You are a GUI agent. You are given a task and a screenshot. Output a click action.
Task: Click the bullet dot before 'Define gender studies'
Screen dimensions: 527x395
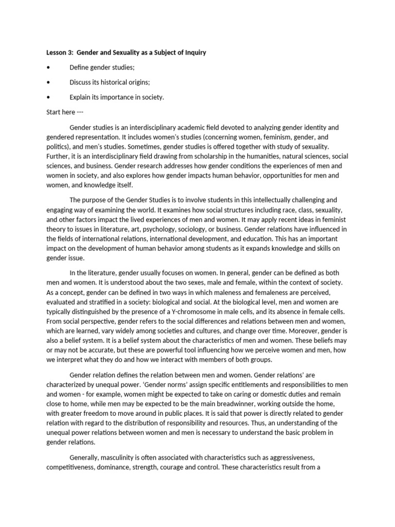pos(48,67)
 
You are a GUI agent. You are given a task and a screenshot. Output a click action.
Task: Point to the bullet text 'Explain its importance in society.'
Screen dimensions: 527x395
pos(117,97)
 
